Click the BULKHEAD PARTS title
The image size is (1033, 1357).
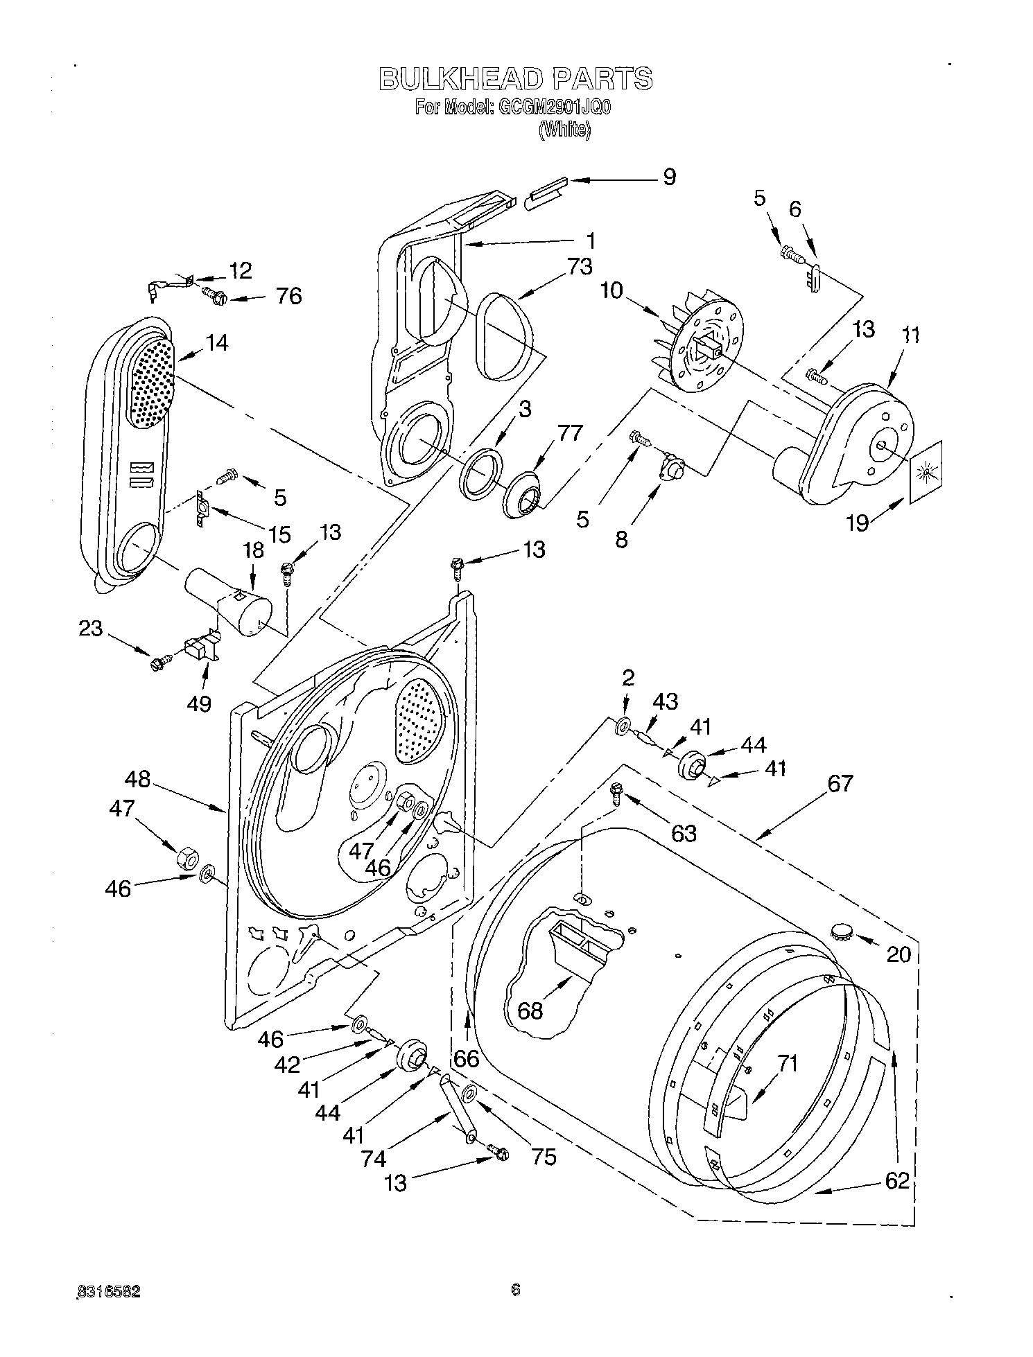pos(515,79)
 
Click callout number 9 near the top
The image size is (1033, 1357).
pos(668,177)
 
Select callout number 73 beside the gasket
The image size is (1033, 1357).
pos(579,267)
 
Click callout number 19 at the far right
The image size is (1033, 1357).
pos(857,522)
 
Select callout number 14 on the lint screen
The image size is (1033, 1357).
pos(217,342)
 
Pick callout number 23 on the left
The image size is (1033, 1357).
pos(90,629)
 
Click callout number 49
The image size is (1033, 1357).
pos(199,703)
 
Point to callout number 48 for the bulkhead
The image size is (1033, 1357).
pos(138,779)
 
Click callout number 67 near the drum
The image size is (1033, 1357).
pos(840,784)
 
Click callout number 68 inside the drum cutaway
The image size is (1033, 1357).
pos(530,1010)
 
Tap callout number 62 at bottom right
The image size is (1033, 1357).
pos(896,1180)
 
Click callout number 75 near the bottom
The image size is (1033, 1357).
pos(544,1157)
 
